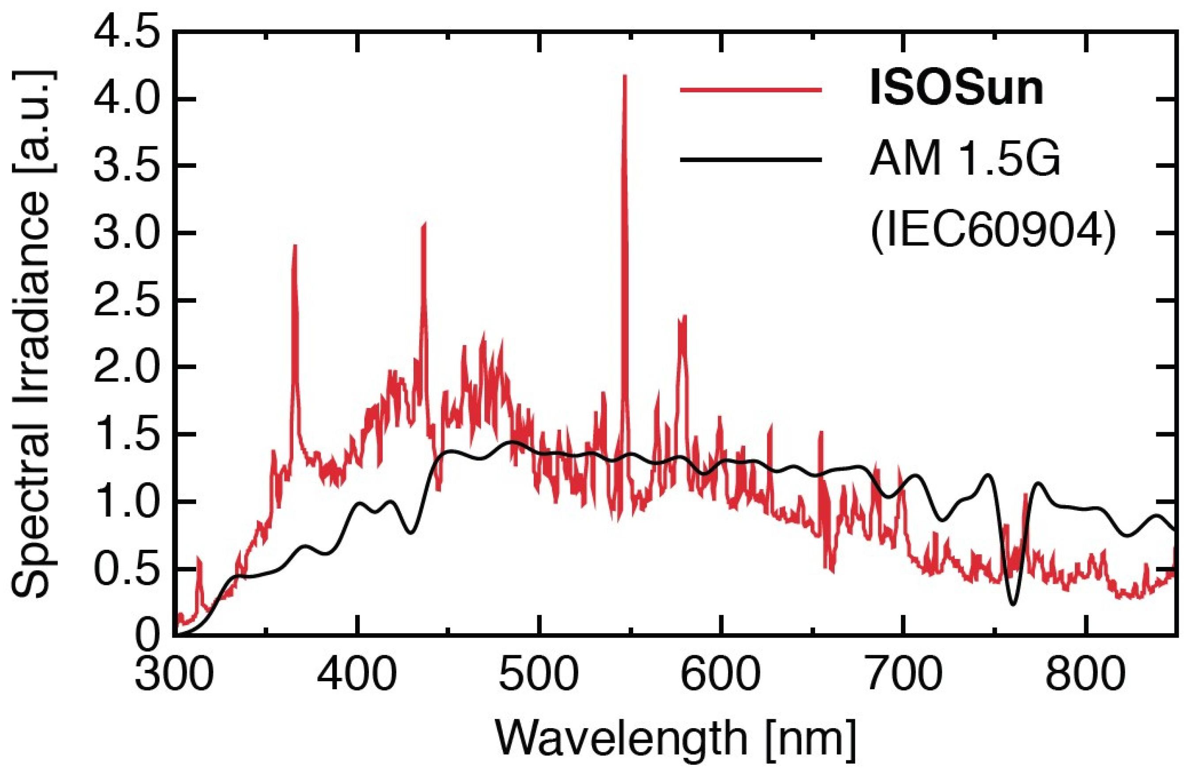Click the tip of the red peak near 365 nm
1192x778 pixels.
[x=295, y=246]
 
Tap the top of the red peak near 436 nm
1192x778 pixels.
[x=424, y=224]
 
